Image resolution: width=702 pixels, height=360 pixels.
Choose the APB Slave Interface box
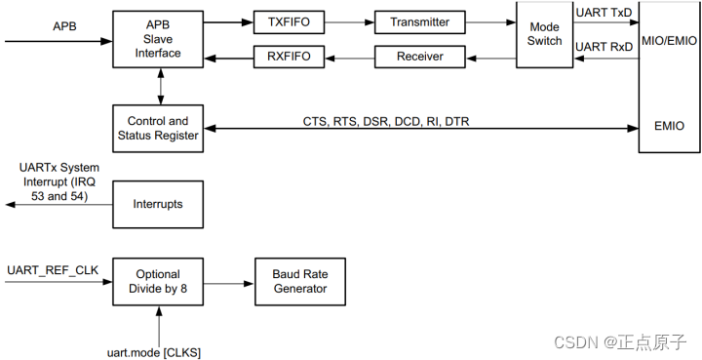pos(158,39)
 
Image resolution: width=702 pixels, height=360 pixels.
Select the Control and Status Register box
pos(158,128)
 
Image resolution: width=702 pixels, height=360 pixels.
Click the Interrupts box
pos(158,204)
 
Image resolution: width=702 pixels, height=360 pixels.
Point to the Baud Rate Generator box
pos(298,281)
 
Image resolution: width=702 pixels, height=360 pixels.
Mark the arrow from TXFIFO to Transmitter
pos(348,21)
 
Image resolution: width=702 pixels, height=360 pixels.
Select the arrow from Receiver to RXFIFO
pos(348,57)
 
